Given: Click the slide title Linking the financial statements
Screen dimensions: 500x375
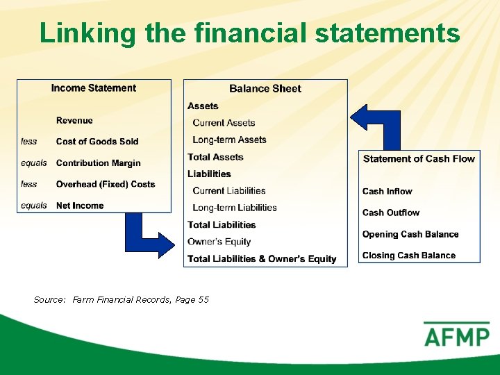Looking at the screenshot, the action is click(x=249, y=33).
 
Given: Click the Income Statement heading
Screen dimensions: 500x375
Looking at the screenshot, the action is click(x=94, y=88).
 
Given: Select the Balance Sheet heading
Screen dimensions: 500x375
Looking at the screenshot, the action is click(x=265, y=88).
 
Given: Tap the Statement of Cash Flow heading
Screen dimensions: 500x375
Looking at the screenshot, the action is click(x=419, y=159).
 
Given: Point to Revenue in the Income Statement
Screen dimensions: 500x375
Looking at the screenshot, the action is click(x=74, y=121).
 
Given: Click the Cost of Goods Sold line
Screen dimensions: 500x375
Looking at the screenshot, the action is click(x=97, y=142).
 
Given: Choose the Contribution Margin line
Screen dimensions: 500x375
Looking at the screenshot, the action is click(x=98, y=163).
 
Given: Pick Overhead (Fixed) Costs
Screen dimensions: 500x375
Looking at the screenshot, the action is click(x=106, y=184).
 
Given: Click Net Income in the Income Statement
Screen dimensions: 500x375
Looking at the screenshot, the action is click(x=80, y=206).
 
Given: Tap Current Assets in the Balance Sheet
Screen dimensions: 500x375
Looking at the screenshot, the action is click(x=224, y=123).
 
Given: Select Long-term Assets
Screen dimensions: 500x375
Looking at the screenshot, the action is click(x=229, y=140).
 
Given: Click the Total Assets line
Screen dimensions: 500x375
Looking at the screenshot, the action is click(x=215, y=157).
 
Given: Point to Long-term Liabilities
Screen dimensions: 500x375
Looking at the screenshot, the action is click(x=235, y=208).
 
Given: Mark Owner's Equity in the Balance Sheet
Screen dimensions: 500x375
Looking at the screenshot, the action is click(x=219, y=242).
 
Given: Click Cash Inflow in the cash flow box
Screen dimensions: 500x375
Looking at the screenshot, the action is click(x=387, y=192).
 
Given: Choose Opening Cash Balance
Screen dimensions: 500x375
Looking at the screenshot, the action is click(x=410, y=234).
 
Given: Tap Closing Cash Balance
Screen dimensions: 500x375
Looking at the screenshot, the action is click(x=409, y=256).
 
